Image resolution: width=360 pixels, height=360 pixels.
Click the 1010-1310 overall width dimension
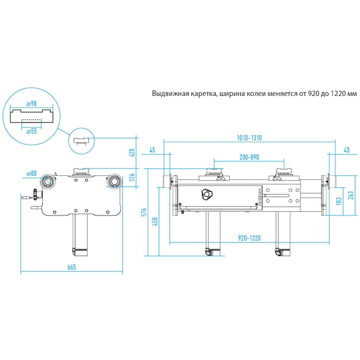249,138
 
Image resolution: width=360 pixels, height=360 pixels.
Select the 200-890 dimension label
249,157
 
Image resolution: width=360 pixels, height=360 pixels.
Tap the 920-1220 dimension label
250,238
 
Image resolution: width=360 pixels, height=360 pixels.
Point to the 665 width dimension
71,267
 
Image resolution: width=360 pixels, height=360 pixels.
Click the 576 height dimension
144,212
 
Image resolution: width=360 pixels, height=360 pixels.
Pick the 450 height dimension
155,221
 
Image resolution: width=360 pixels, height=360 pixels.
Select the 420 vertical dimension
132,153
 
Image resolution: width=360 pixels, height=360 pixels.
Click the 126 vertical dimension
132,177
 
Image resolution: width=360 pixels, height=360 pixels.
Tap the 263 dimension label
351,195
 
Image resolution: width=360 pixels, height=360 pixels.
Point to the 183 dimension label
339,200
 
